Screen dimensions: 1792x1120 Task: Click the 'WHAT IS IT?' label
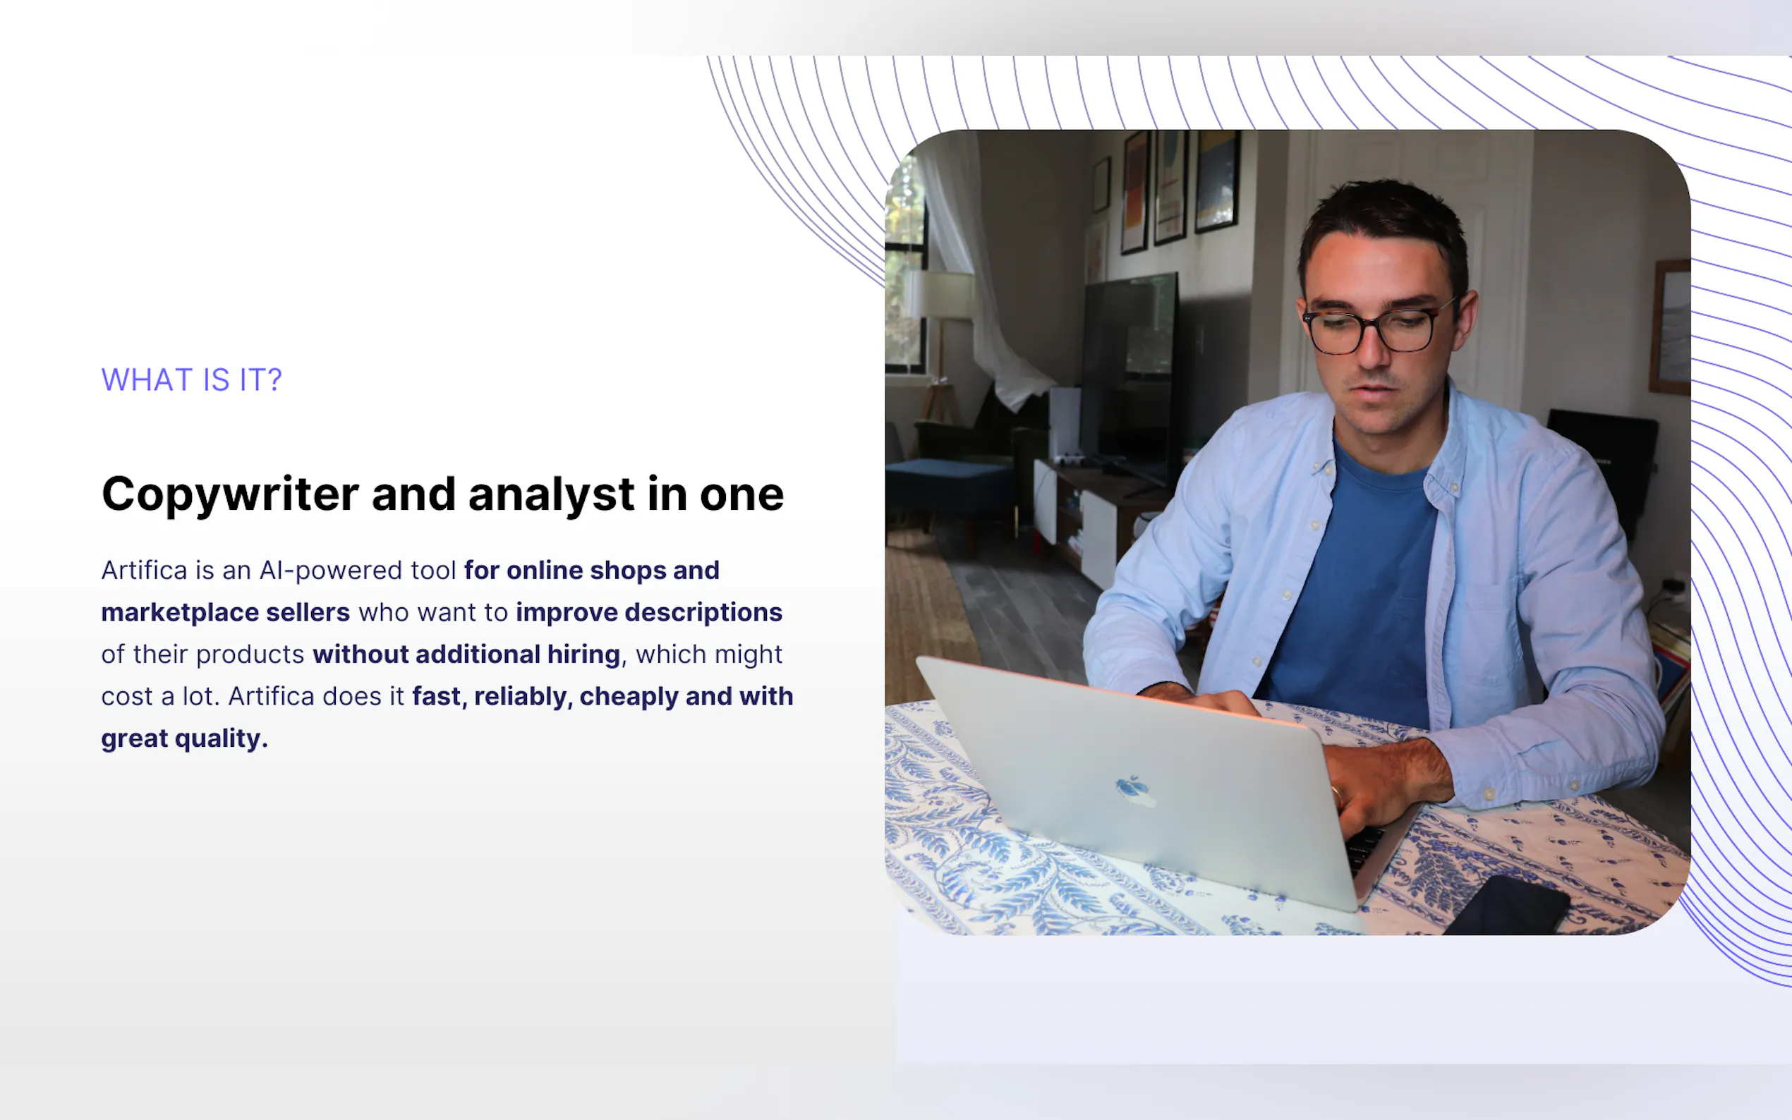tap(191, 380)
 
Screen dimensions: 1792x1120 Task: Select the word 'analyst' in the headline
tap(551, 494)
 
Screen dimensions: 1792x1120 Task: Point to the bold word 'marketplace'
tap(178, 614)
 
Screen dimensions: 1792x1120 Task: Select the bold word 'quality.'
tap(221, 739)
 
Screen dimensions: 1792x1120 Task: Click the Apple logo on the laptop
tap(1134, 790)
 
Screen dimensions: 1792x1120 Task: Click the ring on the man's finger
tap(1337, 797)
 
